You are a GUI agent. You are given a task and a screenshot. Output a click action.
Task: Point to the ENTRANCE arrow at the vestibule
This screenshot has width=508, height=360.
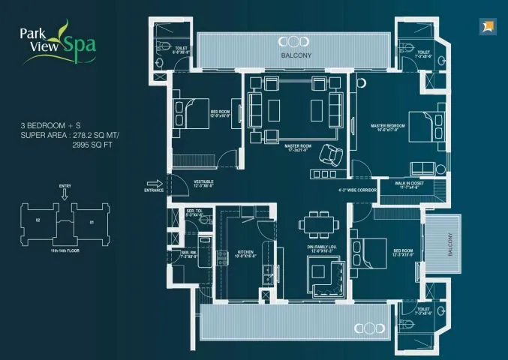(x=155, y=184)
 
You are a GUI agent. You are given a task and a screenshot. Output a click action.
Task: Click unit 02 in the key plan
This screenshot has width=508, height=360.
(x=38, y=220)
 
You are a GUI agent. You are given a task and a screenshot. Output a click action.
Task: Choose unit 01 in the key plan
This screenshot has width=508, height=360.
(x=92, y=221)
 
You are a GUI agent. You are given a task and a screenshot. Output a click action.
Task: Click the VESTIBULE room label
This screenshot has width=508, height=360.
(x=204, y=181)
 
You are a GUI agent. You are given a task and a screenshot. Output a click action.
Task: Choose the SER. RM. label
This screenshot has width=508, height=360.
(x=189, y=253)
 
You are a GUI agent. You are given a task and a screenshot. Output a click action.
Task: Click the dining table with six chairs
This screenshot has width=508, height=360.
(x=314, y=223)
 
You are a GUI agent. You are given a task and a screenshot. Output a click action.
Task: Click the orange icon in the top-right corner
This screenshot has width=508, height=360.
(x=487, y=28)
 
